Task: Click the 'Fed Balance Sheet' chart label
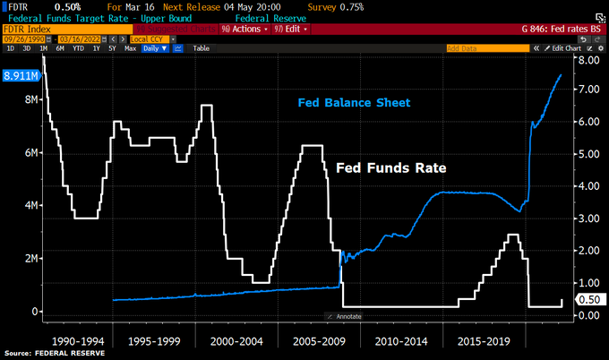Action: click(x=354, y=103)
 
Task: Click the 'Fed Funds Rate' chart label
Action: click(x=390, y=167)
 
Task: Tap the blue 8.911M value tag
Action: click(x=20, y=76)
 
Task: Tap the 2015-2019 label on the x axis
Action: click(x=484, y=341)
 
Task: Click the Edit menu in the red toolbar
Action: click(x=289, y=30)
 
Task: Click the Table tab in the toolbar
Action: click(x=201, y=47)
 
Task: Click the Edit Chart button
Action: click(x=568, y=47)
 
